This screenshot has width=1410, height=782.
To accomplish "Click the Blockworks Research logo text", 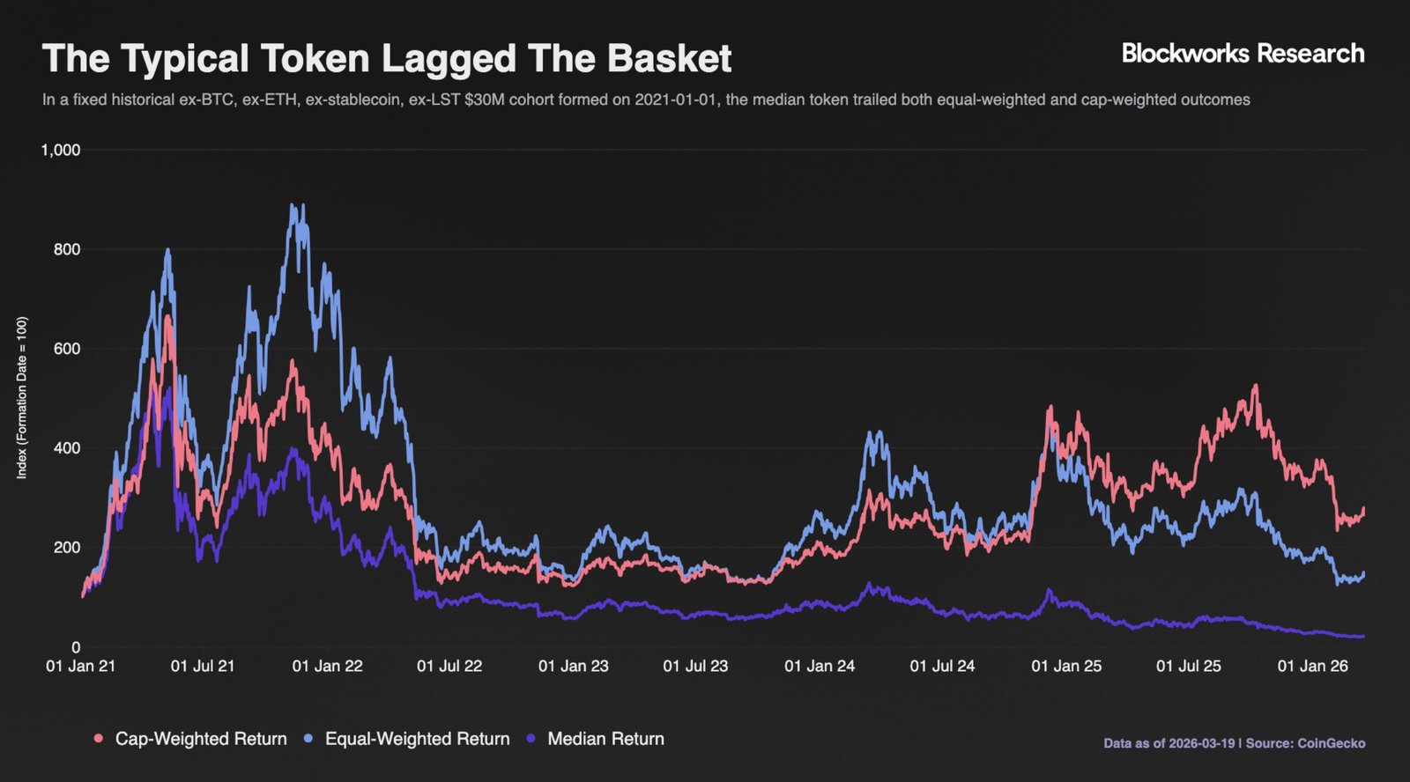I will [1243, 54].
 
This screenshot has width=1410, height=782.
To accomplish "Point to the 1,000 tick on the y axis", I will [61, 151].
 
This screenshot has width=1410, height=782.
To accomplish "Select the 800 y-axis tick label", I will [67, 250].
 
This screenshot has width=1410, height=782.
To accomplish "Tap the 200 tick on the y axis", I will [67, 548].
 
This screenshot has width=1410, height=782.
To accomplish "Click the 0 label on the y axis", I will [76, 647].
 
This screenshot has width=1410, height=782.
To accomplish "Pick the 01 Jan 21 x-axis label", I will [80, 667].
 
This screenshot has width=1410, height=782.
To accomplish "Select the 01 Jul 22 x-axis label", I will [449, 667].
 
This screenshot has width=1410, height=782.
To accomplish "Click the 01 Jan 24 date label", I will [820, 667].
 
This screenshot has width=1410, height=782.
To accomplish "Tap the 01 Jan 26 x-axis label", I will [1313, 667].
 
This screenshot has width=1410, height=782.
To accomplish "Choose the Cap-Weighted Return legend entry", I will [200, 739].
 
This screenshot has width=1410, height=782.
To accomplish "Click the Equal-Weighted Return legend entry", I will [417, 739].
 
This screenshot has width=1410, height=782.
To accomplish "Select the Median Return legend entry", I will [605, 739].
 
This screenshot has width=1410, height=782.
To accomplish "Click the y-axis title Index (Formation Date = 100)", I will [22, 398].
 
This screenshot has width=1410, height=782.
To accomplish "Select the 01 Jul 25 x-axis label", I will [1189, 667].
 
